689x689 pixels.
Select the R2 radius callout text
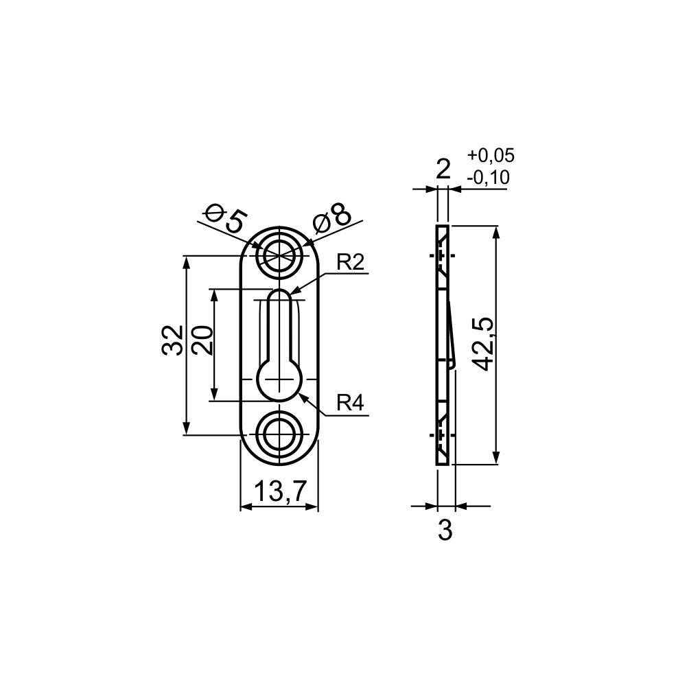[x=350, y=264]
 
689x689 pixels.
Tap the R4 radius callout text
[x=350, y=403]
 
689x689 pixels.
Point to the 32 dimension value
[x=173, y=340]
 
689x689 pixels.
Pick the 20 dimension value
[x=202, y=340]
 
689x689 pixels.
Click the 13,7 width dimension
[x=279, y=491]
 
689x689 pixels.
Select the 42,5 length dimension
[x=483, y=344]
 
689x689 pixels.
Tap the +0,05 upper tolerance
[x=491, y=156]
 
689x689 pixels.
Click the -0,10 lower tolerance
[x=488, y=178]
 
